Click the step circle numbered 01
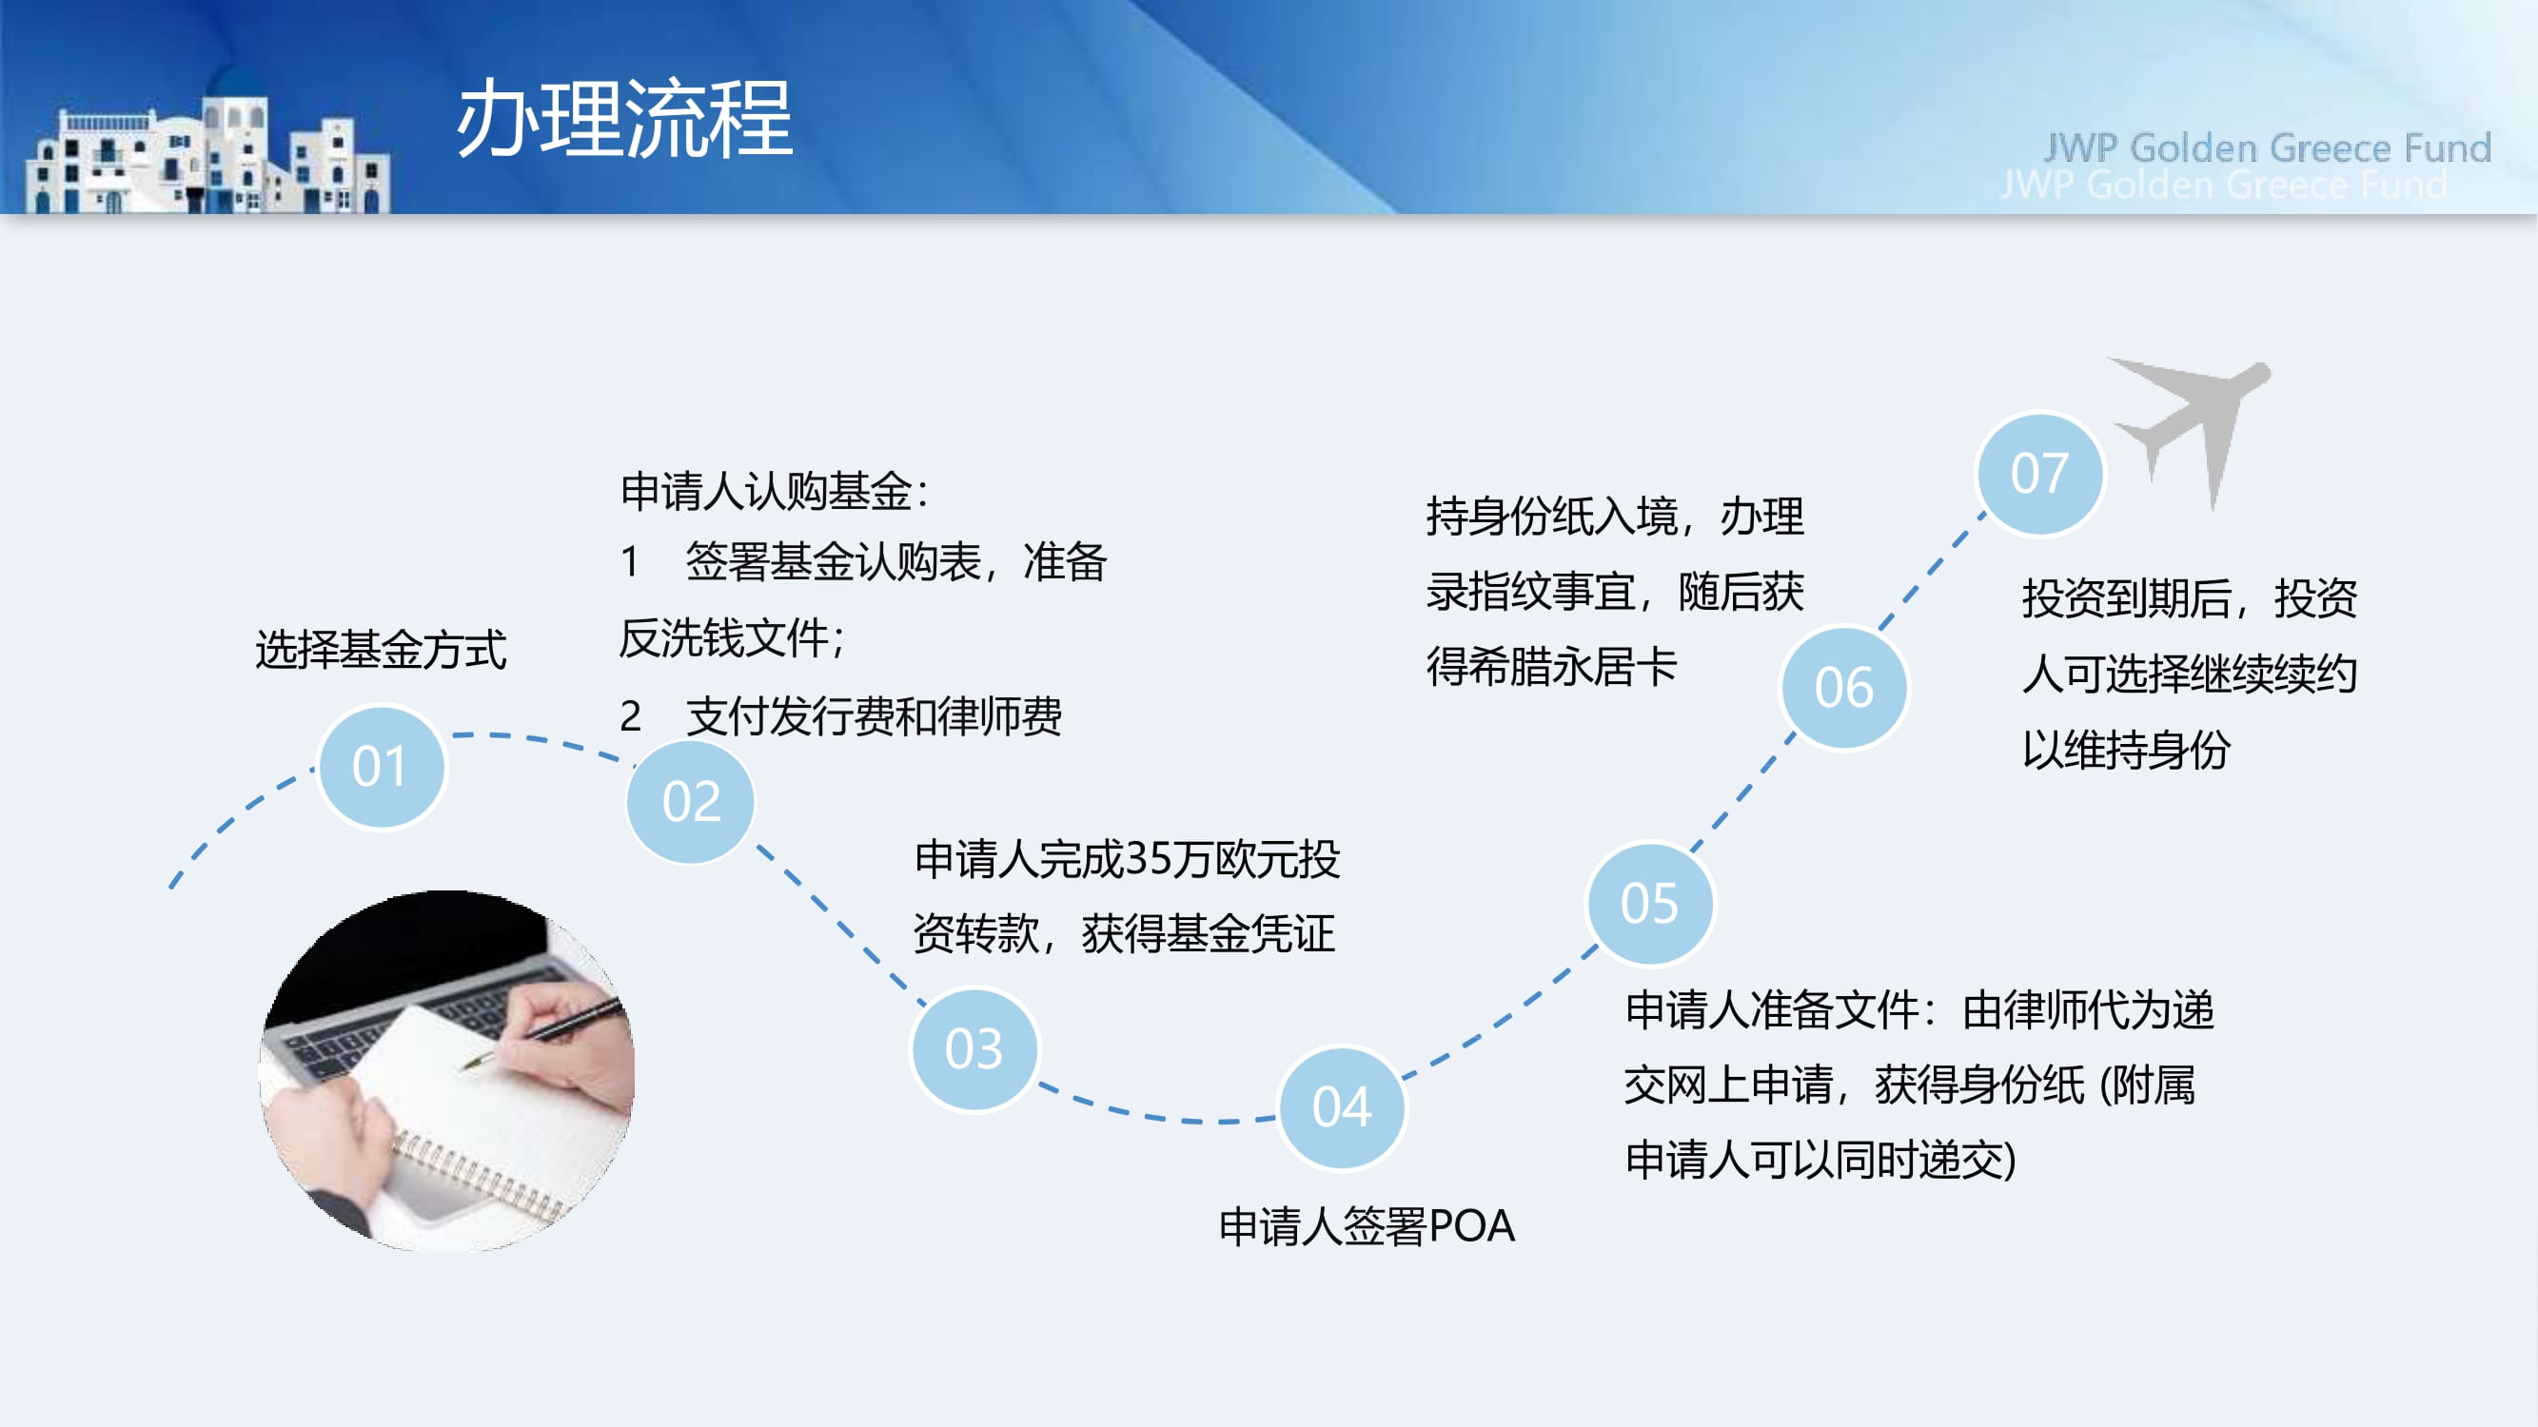(382, 767)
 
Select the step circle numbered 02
(691, 802)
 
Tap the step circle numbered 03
(974, 1048)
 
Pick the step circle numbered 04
(1342, 1107)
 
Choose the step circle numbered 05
(1650, 903)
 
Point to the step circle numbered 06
(1844, 688)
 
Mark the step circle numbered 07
(2040, 474)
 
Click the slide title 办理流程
(624, 119)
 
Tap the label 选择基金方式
(382, 650)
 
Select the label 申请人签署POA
(1367, 1227)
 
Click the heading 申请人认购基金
(765, 492)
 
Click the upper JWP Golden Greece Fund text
(2267, 147)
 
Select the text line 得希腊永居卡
(1552, 667)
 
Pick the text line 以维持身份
(2126, 750)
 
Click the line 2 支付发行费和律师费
(840, 716)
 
